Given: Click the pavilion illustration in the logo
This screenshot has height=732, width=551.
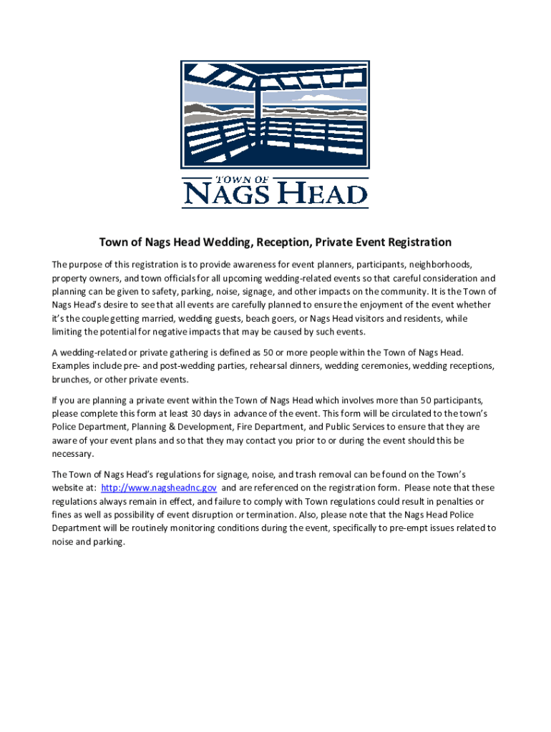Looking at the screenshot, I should coord(275,114).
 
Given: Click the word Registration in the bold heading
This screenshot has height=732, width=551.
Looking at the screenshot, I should coord(409,242).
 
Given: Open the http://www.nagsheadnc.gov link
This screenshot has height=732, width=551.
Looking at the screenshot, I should coord(159,488).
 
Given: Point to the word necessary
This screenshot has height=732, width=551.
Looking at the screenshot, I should coord(73,454).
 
